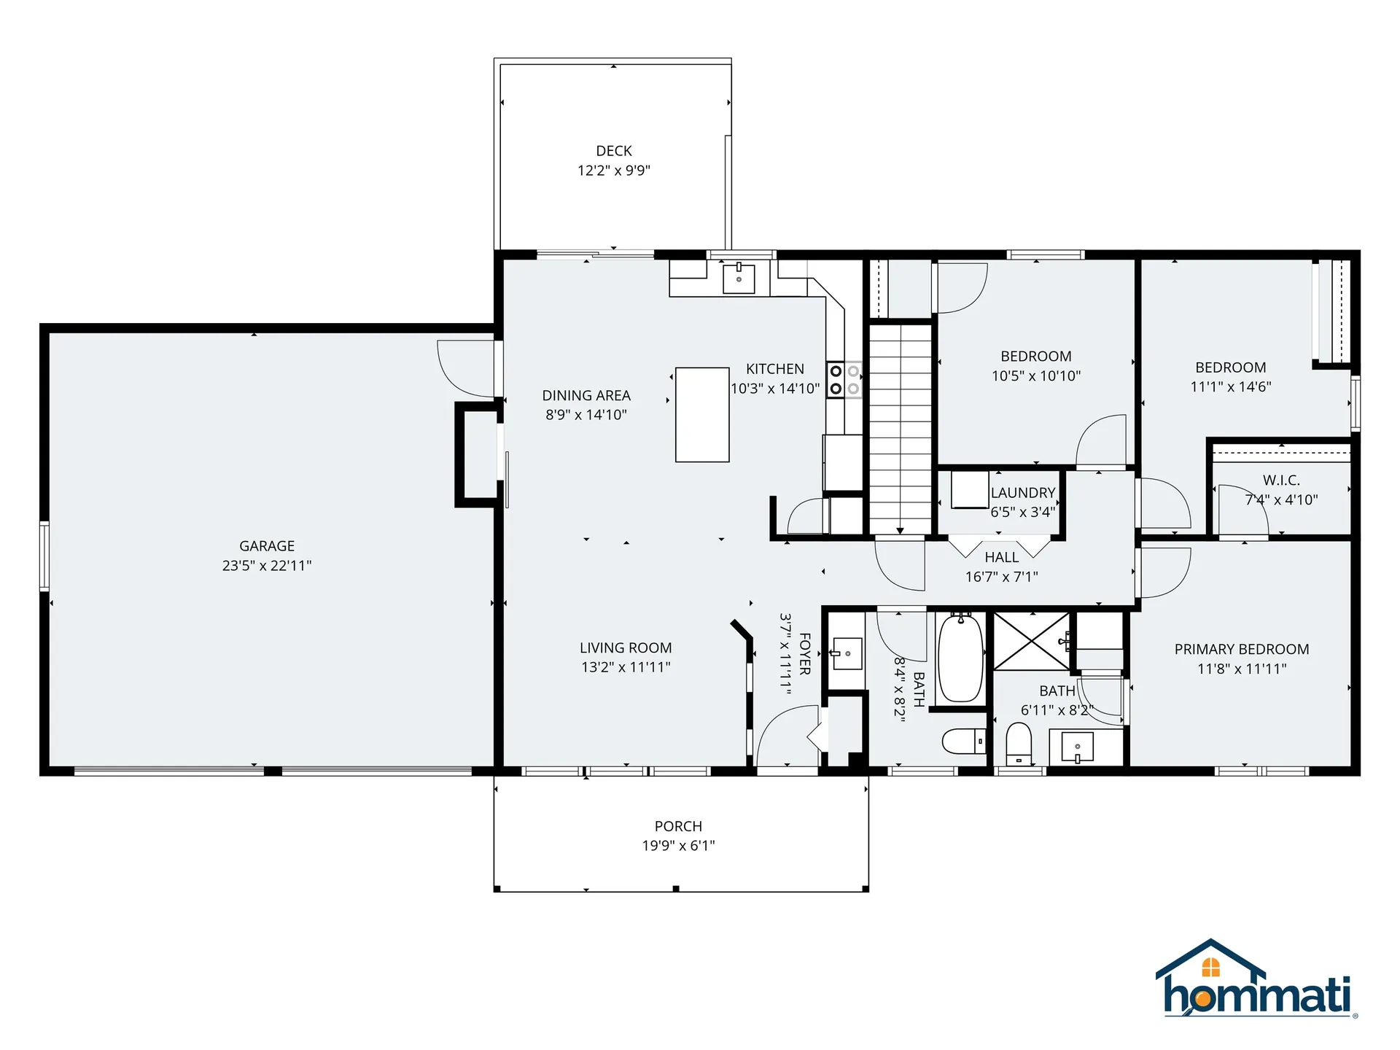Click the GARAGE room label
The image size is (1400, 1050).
point(267,545)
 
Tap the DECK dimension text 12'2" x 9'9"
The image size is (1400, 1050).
point(614,171)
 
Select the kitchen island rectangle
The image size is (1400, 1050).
point(702,415)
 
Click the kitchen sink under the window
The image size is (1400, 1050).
point(739,279)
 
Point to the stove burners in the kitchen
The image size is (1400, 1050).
point(844,380)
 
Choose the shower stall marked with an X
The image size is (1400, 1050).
point(1032,642)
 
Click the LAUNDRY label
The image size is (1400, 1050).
point(1023,493)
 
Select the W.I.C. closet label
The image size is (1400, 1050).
point(1281,481)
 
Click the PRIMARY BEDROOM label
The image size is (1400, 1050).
point(1242,649)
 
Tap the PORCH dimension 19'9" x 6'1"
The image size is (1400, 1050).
point(678,846)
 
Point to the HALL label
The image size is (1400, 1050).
point(1001,557)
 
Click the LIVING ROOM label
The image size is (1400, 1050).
point(626,647)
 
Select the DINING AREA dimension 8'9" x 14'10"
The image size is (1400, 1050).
point(586,415)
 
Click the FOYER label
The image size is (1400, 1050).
point(805,654)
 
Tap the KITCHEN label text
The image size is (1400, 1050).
point(775,369)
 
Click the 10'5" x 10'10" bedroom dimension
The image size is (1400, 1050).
point(1036,376)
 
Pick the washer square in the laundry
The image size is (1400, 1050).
point(970,490)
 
